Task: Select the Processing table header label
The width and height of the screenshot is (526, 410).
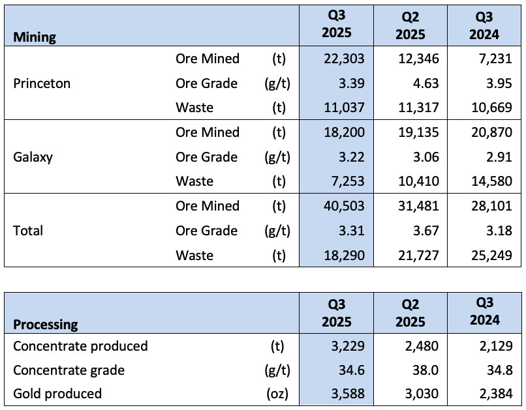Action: pos(46,324)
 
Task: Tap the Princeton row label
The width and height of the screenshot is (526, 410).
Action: pos(42,83)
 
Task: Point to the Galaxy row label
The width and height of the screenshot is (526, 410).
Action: pos(33,157)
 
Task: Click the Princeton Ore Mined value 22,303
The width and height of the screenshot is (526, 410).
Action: pos(344,59)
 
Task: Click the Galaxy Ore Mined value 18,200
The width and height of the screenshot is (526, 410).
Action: pos(344,132)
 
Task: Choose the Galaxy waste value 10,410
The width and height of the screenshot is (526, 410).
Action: pos(418,181)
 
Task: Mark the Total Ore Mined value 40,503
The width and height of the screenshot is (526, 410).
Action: pos(344,206)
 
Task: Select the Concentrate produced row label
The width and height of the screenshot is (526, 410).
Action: pos(80,345)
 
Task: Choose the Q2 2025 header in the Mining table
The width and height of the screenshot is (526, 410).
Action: pos(410,25)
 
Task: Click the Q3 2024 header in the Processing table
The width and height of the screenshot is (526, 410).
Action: pos(485,311)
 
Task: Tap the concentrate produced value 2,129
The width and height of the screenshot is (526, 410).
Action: pos(496,345)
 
